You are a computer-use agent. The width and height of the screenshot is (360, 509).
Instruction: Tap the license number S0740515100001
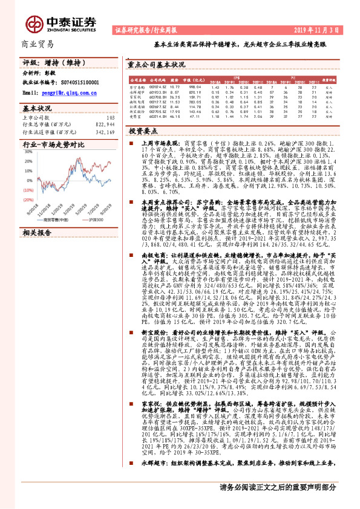(79, 83)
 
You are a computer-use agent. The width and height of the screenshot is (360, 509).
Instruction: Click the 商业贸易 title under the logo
(37, 44)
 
